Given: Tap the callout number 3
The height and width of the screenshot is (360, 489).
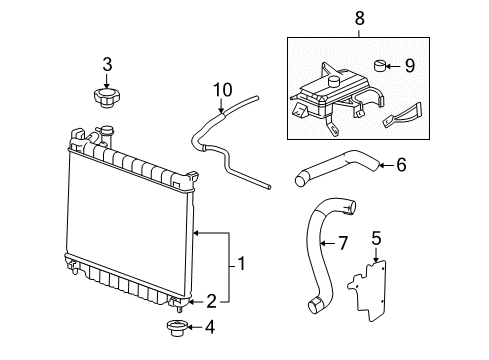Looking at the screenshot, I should click(x=106, y=66).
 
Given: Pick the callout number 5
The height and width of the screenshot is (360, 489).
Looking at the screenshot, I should click(x=376, y=239).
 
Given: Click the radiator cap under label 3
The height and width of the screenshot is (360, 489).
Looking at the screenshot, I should click(x=105, y=97).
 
